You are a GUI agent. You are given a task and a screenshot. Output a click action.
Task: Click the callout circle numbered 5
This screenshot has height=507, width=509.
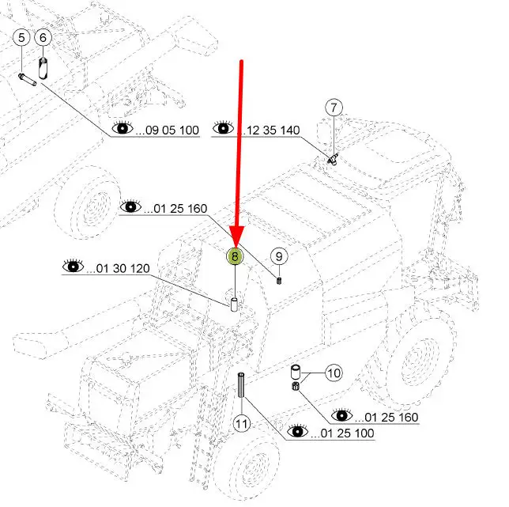(21, 37)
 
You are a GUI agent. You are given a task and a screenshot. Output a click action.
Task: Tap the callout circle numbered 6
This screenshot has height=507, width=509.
(43, 37)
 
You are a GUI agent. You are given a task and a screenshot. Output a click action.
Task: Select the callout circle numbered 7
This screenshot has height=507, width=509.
(334, 108)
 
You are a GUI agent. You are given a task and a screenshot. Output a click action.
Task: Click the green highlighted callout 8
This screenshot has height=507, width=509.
(235, 256)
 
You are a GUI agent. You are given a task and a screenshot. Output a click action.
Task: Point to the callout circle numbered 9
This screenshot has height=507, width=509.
(279, 256)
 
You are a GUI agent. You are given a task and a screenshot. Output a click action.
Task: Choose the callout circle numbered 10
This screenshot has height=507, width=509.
(334, 373)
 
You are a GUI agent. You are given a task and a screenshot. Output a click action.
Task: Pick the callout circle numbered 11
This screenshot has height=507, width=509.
(242, 423)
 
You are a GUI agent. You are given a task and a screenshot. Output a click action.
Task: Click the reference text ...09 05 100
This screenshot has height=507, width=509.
(168, 131)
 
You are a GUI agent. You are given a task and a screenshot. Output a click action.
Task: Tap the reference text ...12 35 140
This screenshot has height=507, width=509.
(268, 131)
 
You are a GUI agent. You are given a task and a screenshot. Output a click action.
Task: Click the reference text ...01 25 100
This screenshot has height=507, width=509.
(342, 433)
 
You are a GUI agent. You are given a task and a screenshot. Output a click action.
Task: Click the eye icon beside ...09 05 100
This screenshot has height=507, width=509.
(123, 128)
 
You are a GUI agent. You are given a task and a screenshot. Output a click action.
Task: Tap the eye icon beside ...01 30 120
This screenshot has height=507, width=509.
(74, 266)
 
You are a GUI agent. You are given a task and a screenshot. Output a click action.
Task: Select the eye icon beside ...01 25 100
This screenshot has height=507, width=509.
(298, 431)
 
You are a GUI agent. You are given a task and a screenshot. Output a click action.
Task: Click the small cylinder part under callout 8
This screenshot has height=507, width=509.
(234, 305)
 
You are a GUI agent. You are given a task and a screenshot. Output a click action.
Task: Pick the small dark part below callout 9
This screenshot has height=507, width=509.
(279, 280)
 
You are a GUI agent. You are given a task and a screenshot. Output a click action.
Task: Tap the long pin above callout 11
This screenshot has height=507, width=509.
(241, 385)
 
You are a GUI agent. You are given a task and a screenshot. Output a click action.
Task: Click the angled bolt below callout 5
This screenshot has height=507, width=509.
(27, 80)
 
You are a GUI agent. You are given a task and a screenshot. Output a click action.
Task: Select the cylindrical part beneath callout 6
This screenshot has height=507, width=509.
(43, 68)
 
